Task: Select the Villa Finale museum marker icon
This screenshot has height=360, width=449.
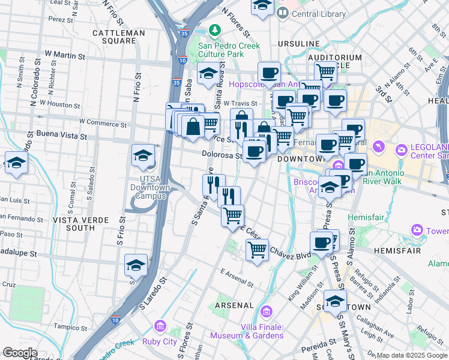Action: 267,312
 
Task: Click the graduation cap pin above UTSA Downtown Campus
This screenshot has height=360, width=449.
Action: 143,156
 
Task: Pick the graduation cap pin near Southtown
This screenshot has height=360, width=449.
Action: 334,301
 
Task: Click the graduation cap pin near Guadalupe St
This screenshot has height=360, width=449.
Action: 136,265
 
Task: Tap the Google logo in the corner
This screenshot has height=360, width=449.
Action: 20,353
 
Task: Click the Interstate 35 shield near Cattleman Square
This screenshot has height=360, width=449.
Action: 184,34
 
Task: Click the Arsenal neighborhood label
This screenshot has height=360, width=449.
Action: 234,305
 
